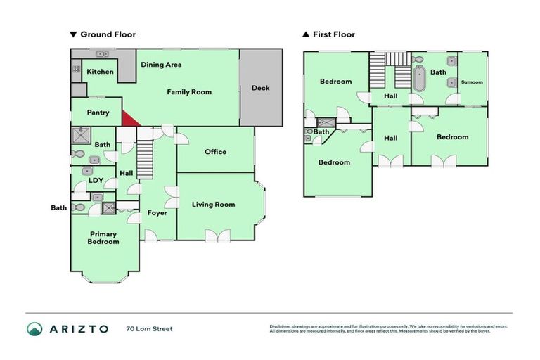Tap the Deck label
point(260,88)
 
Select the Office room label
point(215,151)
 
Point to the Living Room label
point(213,205)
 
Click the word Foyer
point(157,212)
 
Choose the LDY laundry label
point(96,180)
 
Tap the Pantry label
point(98,112)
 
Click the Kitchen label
point(100,72)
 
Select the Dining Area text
point(161,65)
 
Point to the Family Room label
point(188,92)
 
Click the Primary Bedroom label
point(103,238)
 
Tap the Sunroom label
point(472,82)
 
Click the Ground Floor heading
point(108,34)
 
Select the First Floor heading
point(333,34)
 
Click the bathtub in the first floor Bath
point(420,79)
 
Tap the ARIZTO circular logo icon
point(34,328)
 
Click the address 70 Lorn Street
point(149,328)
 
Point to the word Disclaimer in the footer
point(283,326)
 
